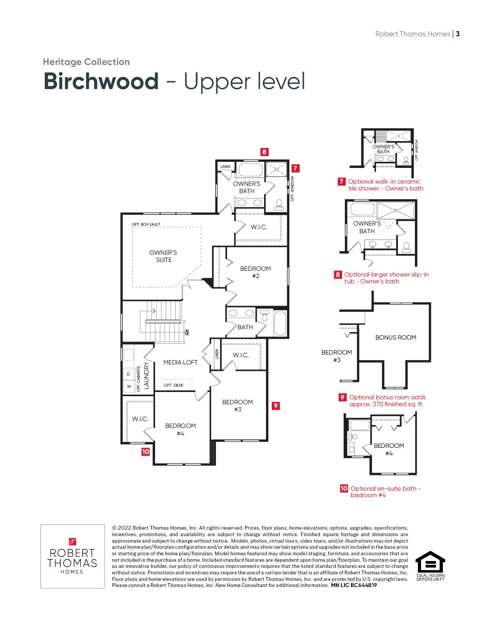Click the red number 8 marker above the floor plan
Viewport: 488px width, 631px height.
pos(264,152)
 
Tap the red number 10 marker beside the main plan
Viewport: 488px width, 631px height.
pos(145,452)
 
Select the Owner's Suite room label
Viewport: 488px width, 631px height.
pos(163,256)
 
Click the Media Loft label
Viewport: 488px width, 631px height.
pos(180,363)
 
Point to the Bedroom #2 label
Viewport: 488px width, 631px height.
pos(255,272)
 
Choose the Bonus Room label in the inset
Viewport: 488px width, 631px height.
pos(396,337)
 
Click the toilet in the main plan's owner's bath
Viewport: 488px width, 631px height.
pos(279,205)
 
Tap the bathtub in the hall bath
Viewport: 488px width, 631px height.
pos(280,323)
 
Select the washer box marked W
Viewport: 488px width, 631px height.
pos(129,386)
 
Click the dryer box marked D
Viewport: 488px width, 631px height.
pos(129,374)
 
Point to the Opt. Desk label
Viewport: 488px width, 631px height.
pos(173,385)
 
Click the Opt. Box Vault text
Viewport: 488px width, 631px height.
pos(146,224)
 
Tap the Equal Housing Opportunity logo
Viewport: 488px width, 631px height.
pos(430,566)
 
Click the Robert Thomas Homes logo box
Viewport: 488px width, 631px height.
pos(73,556)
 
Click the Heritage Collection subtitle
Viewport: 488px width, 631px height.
pos(87,62)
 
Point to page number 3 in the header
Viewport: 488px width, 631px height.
pos(458,34)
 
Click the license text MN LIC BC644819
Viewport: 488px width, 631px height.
pos(354,585)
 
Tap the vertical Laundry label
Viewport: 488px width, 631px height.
pos(146,376)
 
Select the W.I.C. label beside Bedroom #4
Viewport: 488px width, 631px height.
pos(140,419)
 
